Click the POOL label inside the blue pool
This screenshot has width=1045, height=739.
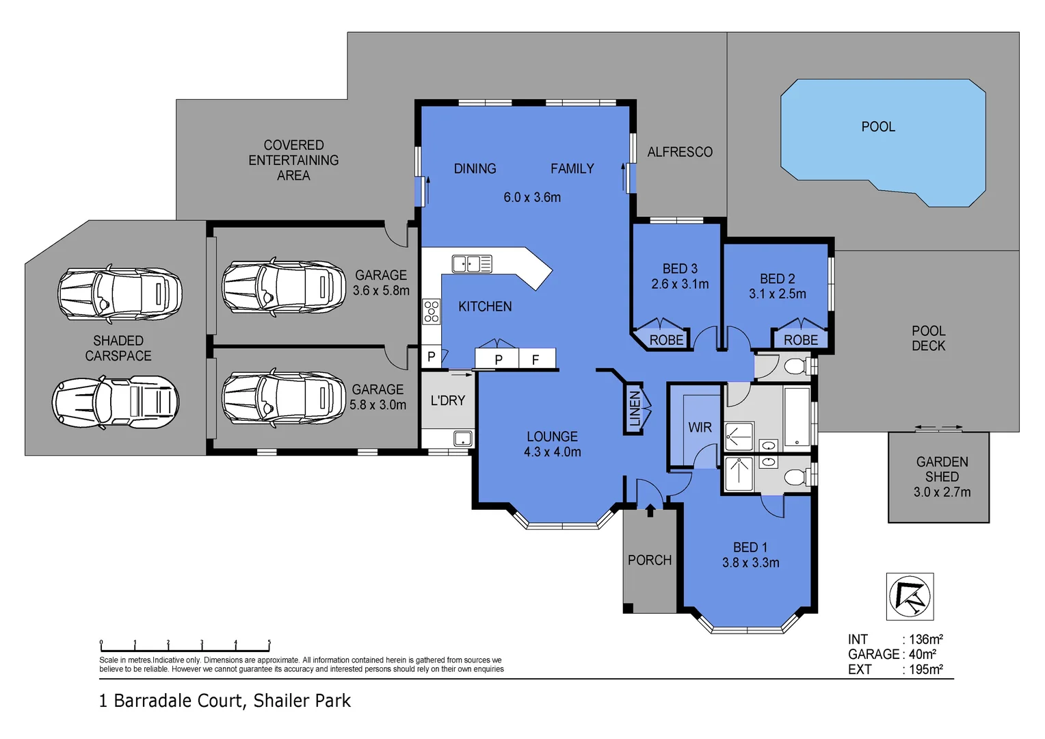(x=878, y=127)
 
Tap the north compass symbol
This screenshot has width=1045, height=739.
(x=910, y=596)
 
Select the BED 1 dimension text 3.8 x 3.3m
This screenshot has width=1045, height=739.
(x=751, y=562)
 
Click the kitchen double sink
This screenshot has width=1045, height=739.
(x=472, y=263)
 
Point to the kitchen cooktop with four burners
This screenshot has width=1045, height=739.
(x=431, y=311)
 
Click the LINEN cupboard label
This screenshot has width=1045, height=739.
(x=635, y=409)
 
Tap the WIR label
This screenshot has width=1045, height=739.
(x=700, y=427)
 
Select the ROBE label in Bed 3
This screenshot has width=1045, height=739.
(x=666, y=340)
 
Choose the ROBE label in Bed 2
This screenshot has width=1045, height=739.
(x=801, y=340)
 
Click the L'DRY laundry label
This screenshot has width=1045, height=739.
(x=448, y=400)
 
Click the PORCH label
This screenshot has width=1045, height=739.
(x=650, y=560)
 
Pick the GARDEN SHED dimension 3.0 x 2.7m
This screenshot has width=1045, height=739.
(x=942, y=492)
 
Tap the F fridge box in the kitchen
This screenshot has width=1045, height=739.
(x=536, y=359)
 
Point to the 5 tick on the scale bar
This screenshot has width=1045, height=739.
(x=269, y=645)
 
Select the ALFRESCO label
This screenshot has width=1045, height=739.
(x=680, y=152)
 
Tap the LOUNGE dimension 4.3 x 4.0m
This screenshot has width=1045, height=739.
(x=553, y=452)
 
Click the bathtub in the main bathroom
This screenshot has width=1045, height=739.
(x=797, y=417)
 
